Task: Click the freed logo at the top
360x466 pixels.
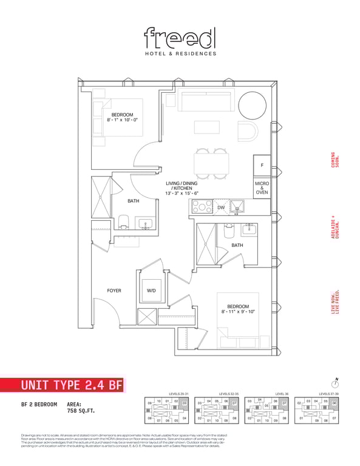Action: [x=180, y=38]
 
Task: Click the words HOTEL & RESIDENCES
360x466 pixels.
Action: [x=180, y=53]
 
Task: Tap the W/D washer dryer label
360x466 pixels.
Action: [x=152, y=291]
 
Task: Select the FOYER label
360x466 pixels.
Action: [x=114, y=291]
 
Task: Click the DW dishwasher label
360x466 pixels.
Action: [x=222, y=208]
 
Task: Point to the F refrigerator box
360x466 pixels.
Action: [x=262, y=165]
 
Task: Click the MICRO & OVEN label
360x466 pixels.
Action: [x=262, y=188]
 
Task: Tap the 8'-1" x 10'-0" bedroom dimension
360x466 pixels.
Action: [x=121, y=120]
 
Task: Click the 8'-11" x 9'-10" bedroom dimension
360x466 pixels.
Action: [x=238, y=312]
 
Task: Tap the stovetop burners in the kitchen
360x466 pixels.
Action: [x=200, y=208]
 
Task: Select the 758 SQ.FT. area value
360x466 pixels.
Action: [x=81, y=410]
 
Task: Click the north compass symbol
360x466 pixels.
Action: [x=335, y=383]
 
